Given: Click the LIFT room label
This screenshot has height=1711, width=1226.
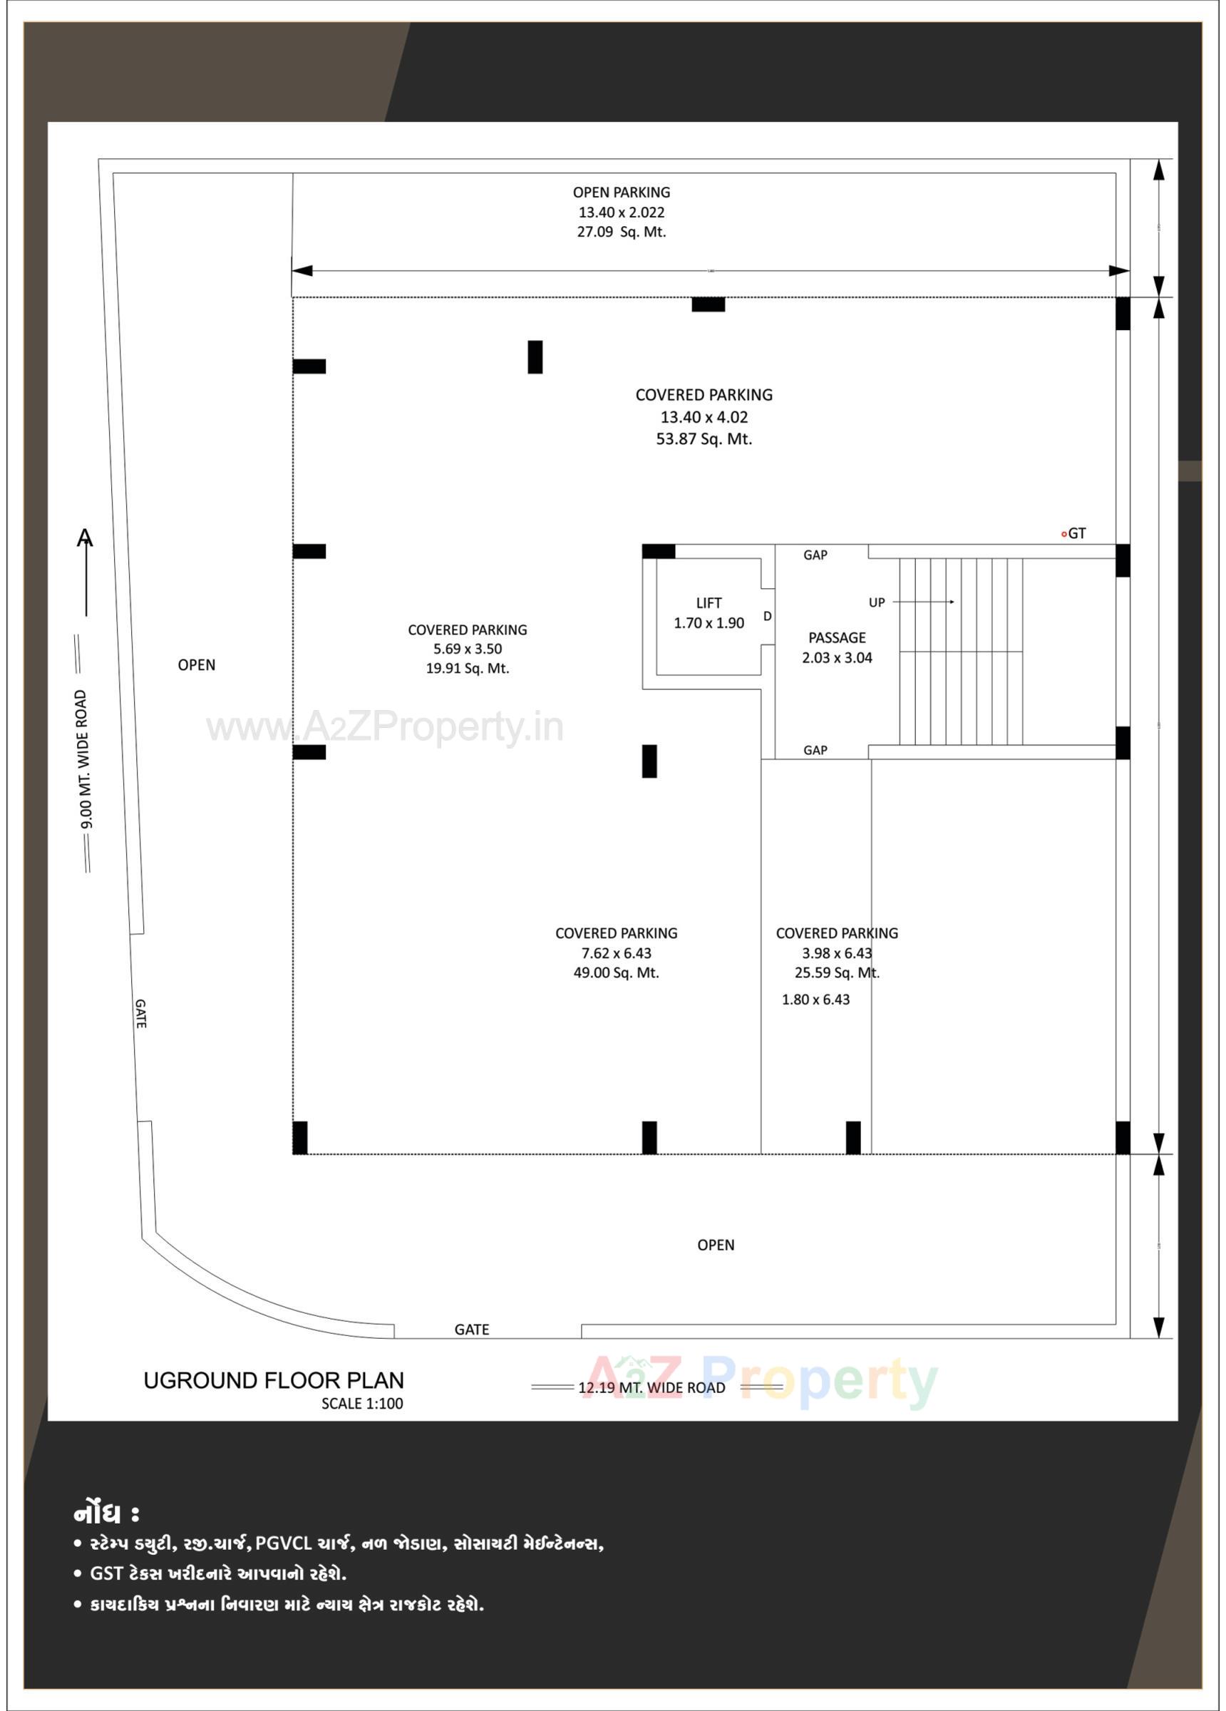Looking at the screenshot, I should (x=709, y=603).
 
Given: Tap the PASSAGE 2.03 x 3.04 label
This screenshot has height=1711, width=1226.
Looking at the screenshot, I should (x=837, y=647).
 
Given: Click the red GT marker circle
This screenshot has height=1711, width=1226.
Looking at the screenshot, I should (x=1063, y=534).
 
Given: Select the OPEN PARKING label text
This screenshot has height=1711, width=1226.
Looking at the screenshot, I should (x=621, y=192).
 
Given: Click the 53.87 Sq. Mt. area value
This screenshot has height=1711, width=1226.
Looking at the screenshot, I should (x=704, y=439).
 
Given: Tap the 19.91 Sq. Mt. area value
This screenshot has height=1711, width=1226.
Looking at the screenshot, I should (x=467, y=669).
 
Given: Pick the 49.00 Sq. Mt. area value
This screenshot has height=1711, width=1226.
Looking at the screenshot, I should (x=616, y=973).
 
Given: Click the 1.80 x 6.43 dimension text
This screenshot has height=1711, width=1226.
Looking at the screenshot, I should (x=815, y=1000).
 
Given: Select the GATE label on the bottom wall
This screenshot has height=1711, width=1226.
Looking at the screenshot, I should (x=472, y=1330).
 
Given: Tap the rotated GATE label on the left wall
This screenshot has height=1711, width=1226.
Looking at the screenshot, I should (x=141, y=1014).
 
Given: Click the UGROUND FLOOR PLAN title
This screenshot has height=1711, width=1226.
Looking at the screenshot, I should (x=274, y=1381).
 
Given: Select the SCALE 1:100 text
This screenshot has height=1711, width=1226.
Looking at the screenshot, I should (x=362, y=1404).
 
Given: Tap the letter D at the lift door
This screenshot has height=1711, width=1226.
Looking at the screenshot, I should (x=767, y=617).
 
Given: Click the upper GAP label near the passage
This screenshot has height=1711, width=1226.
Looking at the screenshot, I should (x=815, y=555).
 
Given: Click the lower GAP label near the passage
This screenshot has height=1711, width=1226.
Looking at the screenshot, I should (x=815, y=750).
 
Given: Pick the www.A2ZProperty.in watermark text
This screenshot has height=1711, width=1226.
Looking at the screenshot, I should (x=385, y=728).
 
